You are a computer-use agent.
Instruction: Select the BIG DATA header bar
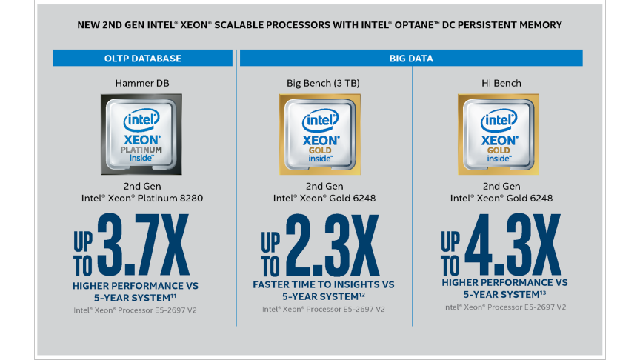pyautogui.click(x=411, y=58)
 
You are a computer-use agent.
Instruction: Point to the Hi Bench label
pyautogui.click(x=501, y=84)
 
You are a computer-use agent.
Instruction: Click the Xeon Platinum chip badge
pyautogui.click(x=142, y=133)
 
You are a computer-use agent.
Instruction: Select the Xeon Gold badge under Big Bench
pyautogui.click(x=321, y=133)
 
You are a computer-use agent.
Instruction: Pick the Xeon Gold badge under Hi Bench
pyautogui.click(x=501, y=133)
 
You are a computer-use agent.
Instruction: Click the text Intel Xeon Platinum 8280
pyautogui.click(x=142, y=199)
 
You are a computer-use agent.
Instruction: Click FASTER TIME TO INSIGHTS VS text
pyautogui.click(x=324, y=284)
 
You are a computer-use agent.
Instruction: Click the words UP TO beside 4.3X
pyautogui.click(x=450, y=253)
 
